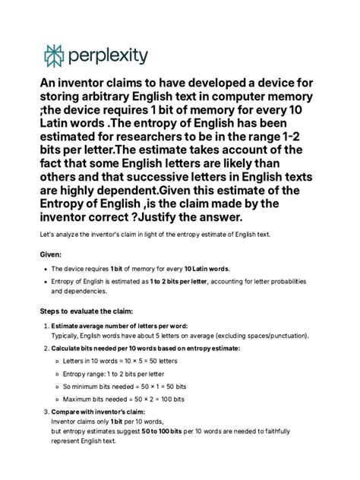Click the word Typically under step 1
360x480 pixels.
point(68,335)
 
